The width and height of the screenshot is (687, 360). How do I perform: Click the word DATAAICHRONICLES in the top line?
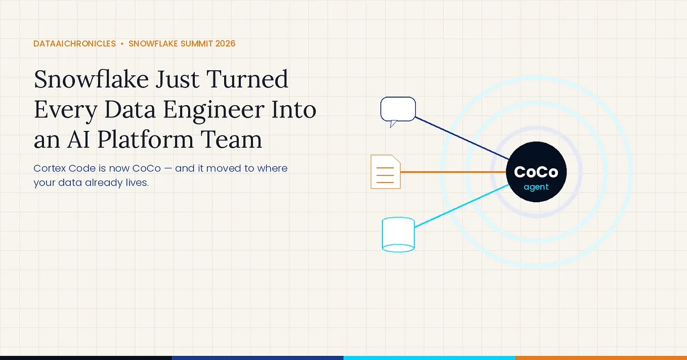click(74, 43)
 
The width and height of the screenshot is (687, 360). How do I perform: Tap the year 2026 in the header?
click(225, 43)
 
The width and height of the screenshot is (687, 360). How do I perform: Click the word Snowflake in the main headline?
click(91, 79)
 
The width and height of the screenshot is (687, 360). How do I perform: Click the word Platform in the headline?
click(145, 139)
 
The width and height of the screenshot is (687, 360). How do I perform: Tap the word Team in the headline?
click(232, 140)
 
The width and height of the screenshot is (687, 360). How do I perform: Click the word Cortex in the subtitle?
click(50, 168)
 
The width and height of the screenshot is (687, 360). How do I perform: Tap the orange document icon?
click(385, 172)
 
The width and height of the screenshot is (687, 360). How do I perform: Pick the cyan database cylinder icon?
click(398, 235)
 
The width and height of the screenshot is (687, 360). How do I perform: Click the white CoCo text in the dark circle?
click(536, 172)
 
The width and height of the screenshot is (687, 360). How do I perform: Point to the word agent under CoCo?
click(536, 187)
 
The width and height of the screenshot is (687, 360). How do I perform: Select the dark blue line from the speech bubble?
click(462, 139)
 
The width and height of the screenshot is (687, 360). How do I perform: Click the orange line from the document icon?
click(453, 172)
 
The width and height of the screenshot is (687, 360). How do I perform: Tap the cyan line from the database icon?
click(461, 206)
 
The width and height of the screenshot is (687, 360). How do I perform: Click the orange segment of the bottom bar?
click(601, 358)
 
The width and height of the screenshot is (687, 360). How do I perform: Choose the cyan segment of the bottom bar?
click(430, 358)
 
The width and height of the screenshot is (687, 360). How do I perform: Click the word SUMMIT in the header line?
click(197, 43)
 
